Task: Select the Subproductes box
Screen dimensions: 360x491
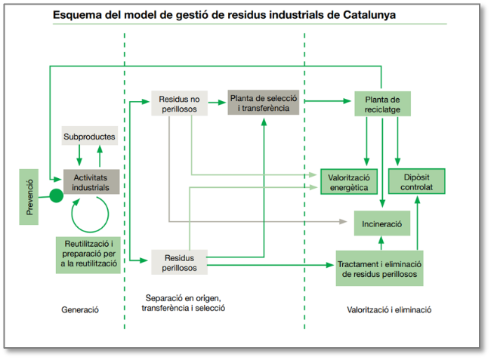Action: click(x=89, y=137)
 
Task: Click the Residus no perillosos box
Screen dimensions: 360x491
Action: click(x=179, y=104)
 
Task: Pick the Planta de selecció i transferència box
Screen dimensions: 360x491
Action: click(x=264, y=103)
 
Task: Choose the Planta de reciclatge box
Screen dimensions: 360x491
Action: click(x=382, y=104)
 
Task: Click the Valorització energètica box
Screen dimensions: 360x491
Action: click(x=348, y=181)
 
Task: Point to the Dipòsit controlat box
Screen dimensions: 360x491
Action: click(x=416, y=181)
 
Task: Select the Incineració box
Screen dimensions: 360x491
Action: click(x=382, y=223)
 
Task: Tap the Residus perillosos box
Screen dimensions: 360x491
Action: click(x=179, y=263)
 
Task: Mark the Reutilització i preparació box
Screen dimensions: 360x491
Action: click(x=88, y=254)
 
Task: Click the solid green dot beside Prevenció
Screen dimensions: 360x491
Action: click(x=55, y=196)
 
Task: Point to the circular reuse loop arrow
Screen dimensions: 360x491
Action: click(x=91, y=215)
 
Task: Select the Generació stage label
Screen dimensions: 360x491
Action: click(x=80, y=310)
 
